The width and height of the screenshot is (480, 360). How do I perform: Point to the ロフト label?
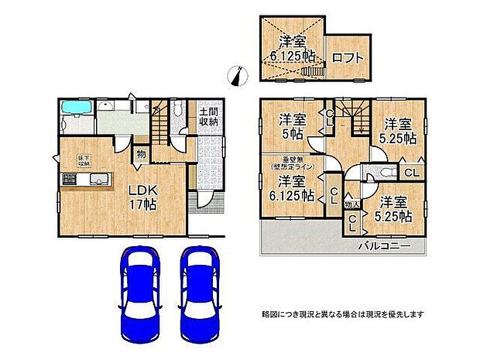pyautogui.click(x=346, y=57)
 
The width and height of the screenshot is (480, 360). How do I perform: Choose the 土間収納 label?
pyautogui.click(x=207, y=115)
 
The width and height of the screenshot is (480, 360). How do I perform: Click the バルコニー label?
pyautogui.click(x=383, y=245)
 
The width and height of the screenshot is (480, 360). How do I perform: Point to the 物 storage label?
pyautogui.click(x=142, y=155)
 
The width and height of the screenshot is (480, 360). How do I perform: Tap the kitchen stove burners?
pyautogui.click(x=67, y=181)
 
